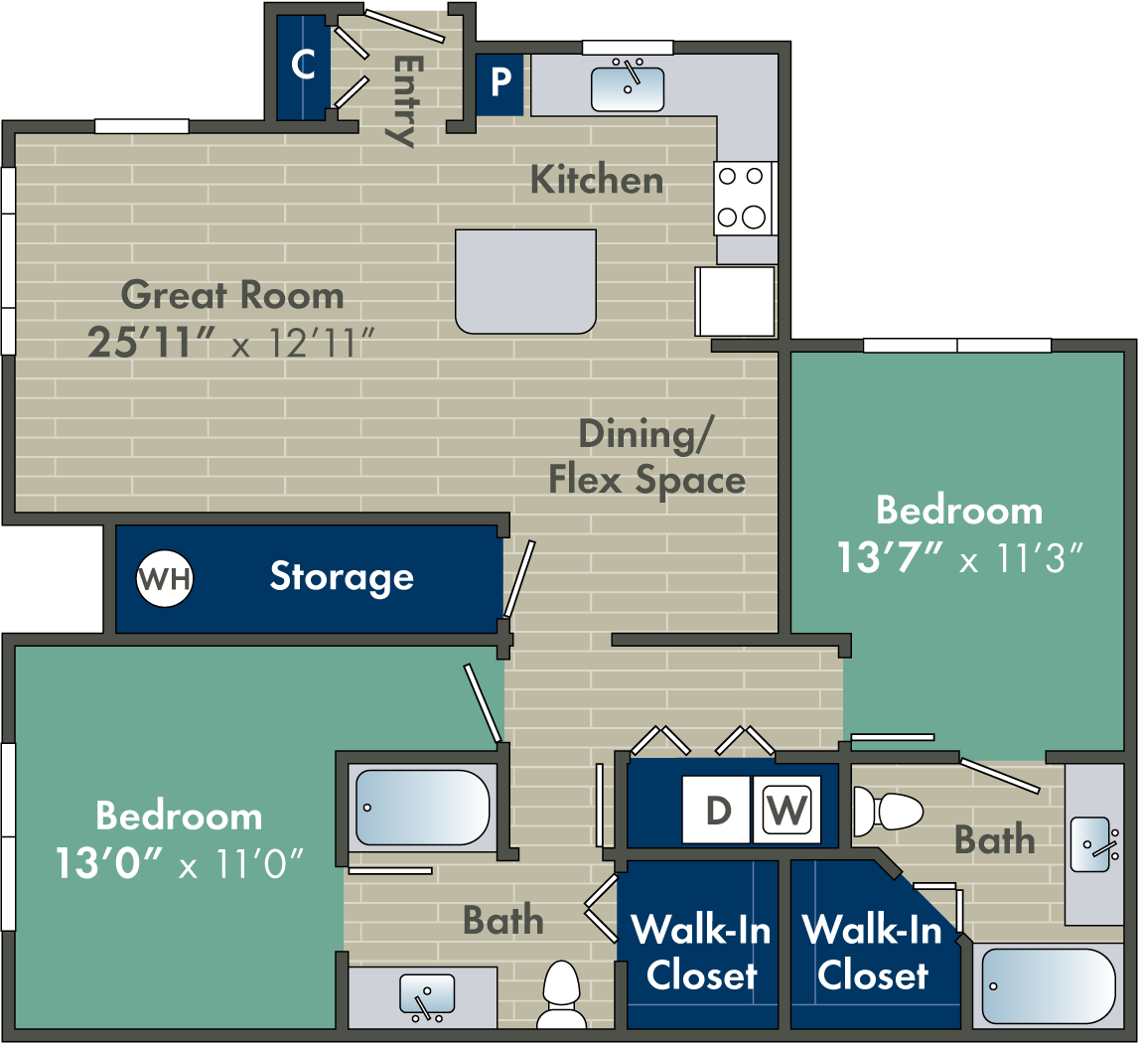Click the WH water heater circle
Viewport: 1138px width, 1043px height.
165,577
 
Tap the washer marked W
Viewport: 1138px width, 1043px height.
787,810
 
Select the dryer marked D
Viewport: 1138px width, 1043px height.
717,810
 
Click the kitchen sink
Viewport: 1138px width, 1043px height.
628,87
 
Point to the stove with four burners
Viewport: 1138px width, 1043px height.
744,198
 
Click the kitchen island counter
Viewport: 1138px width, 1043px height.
525,281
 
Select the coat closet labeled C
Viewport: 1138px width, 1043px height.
302,67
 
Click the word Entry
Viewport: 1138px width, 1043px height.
403,99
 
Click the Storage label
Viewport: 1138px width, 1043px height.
342,577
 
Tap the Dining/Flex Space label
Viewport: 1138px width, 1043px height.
647,457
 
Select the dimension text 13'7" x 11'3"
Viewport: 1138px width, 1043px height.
957,557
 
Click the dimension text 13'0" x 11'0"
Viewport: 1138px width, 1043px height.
179,862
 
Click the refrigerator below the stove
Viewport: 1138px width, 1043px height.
736,301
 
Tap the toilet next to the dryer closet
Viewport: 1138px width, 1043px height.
889,812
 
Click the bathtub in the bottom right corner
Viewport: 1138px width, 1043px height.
1049,985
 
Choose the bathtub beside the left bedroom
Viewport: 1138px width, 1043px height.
423,807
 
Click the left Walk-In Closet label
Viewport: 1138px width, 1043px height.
701,953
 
